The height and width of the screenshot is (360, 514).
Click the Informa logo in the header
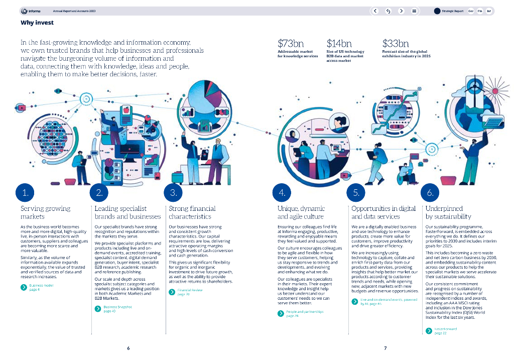31,11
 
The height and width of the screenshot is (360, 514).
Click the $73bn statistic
291,44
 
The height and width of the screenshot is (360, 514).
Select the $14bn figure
339,44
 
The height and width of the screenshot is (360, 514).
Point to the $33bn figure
396,44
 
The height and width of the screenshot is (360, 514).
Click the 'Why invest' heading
37,23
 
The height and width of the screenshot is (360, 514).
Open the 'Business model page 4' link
41,287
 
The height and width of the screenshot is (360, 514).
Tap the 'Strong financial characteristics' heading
192,212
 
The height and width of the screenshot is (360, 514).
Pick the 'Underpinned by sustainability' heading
448,212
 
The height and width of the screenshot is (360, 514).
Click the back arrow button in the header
375,11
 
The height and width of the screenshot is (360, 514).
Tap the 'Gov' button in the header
471,11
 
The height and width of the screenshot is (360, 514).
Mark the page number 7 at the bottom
385,348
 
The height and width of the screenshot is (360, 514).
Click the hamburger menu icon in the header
414,11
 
